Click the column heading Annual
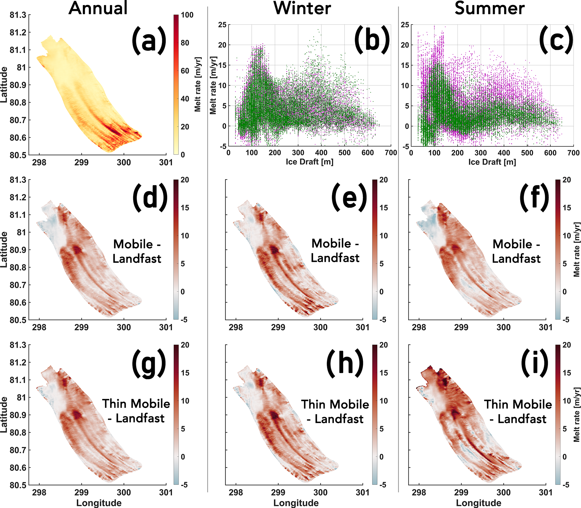[98, 8]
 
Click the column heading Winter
[302, 8]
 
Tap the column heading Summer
[489, 8]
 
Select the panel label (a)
[149, 40]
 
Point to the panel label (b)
[372, 40]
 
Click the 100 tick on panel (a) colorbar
[187, 15]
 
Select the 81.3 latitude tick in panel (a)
[18, 15]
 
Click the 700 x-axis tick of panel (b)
[391, 153]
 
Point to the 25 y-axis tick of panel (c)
[405, 25]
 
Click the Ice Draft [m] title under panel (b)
[309, 162]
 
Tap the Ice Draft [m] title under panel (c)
[492, 162]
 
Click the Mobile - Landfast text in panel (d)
[137, 251]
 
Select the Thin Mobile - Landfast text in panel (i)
[518, 411]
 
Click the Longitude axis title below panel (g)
[99, 503]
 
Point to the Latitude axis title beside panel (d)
[4, 250]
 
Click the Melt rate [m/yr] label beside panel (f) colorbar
[577, 250]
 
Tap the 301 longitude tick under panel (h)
[363, 493]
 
